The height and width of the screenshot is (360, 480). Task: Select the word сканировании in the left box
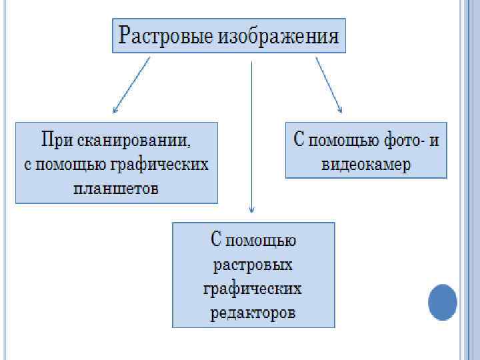(x=133, y=141)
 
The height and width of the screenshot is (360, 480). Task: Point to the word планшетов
(x=116, y=188)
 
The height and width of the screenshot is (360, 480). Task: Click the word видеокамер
(x=366, y=165)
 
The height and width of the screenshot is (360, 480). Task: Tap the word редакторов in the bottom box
(x=253, y=312)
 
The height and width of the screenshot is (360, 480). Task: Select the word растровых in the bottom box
(x=253, y=265)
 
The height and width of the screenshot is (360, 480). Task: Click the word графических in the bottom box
(x=253, y=289)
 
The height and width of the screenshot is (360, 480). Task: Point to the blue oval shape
(x=442, y=302)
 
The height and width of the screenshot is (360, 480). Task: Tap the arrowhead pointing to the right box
(x=339, y=109)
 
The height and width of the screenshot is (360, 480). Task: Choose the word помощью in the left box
(x=66, y=165)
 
